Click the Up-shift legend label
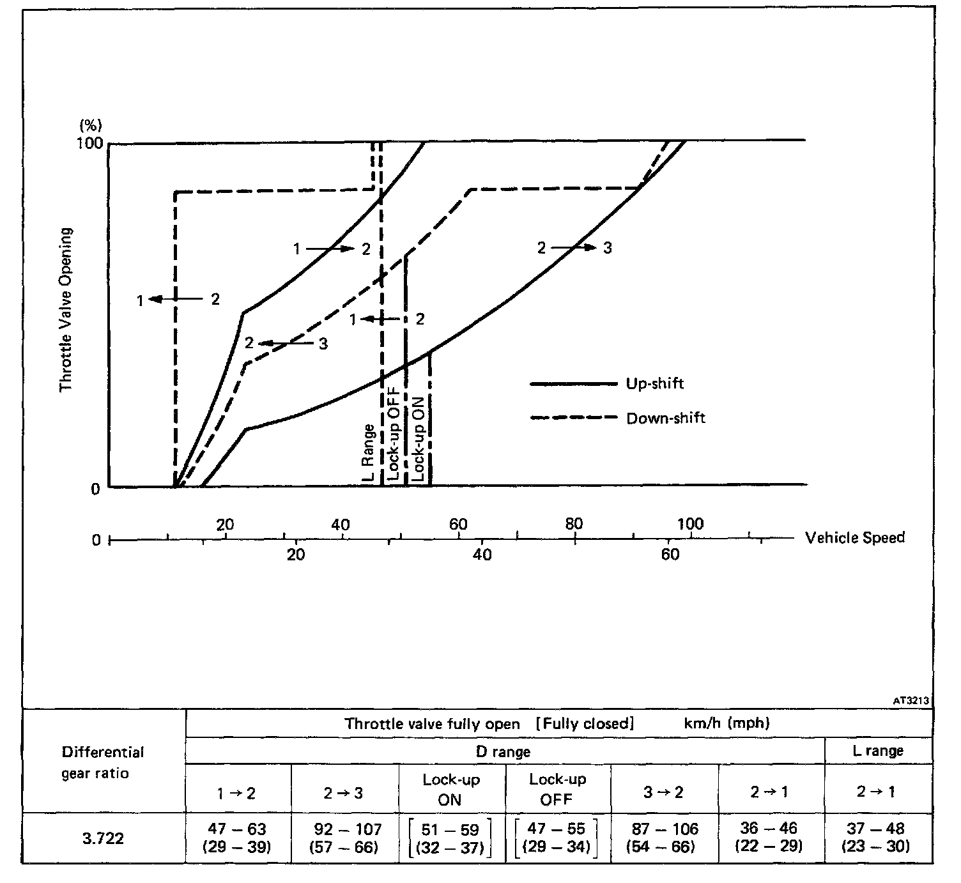click(x=655, y=383)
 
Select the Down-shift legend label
click(x=666, y=418)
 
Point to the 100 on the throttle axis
click(x=89, y=143)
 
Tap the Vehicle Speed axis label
click(x=855, y=537)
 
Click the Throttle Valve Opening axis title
click(x=66, y=310)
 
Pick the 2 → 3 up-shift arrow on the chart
click(x=574, y=247)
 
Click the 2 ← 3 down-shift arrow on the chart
click(x=286, y=343)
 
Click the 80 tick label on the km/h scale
click(x=574, y=524)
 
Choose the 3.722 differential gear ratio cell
click(x=103, y=838)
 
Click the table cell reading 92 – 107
click(x=345, y=838)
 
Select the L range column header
click(x=878, y=751)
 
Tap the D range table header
click(x=504, y=751)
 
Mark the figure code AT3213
click(x=911, y=701)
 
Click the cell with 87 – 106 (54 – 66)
click(x=664, y=838)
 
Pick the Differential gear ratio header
click(x=103, y=762)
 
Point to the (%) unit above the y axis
click(x=90, y=125)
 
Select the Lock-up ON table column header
click(x=451, y=789)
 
